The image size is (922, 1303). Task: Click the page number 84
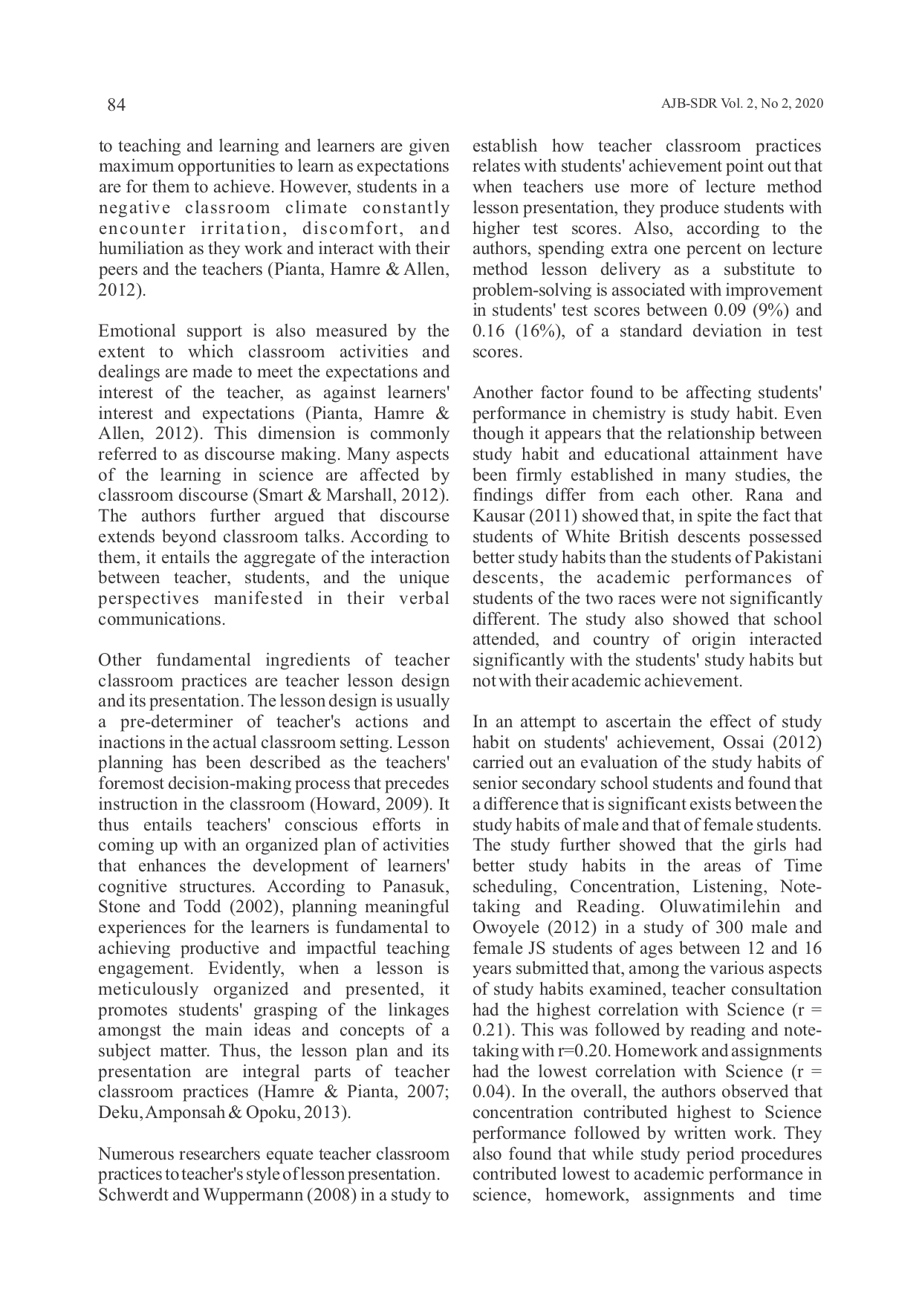click(x=116, y=105)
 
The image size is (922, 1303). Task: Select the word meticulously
click(x=149, y=990)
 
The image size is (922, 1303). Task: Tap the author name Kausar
click(x=497, y=516)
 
